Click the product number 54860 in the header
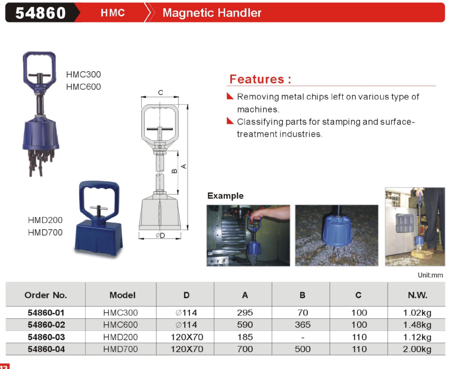40,13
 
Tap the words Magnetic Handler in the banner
212,13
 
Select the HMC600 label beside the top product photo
84,87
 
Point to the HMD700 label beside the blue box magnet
45,232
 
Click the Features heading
260,79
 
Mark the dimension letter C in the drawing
160,92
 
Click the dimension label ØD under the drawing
160,235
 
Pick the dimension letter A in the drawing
184,166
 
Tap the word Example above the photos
225,196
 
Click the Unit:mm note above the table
430,275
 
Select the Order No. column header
46,295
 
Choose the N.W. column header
418,295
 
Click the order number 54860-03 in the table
46,337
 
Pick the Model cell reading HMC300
120,313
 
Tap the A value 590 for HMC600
245,325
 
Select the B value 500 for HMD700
302,349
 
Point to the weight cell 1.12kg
417,337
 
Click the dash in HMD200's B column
303,338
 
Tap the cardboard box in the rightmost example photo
422,254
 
